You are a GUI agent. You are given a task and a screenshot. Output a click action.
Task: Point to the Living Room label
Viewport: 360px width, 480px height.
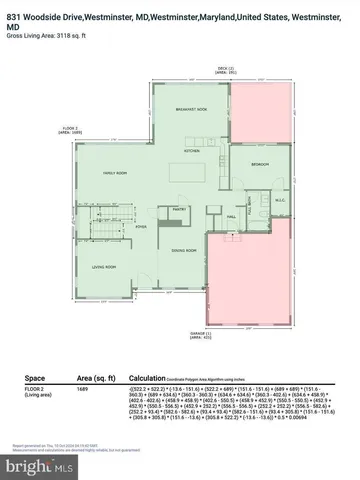click(105, 267)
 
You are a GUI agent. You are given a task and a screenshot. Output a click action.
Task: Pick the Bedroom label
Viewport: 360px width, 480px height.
click(259, 163)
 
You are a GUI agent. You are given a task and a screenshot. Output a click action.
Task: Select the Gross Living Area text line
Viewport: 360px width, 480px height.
click(45, 35)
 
